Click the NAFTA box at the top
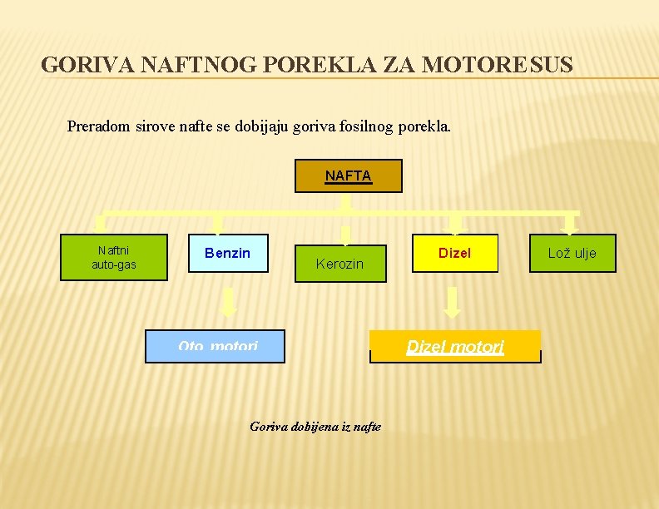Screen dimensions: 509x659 pyautogui.click(x=348, y=176)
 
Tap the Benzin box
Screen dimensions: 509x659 pyautogui.click(x=227, y=253)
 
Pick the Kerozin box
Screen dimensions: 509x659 pyautogui.click(x=340, y=264)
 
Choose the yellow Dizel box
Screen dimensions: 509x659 pyautogui.click(x=454, y=253)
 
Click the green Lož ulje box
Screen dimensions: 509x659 pyautogui.click(x=572, y=253)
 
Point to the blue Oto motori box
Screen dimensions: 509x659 pyautogui.click(x=216, y=346)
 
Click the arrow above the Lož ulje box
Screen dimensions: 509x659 pyautogui.click(x=570, y=224)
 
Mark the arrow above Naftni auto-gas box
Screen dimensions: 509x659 pyautogui.click(x=100, y=224)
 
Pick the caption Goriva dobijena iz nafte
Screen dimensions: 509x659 pyautogui.click(x=315, y=427)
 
